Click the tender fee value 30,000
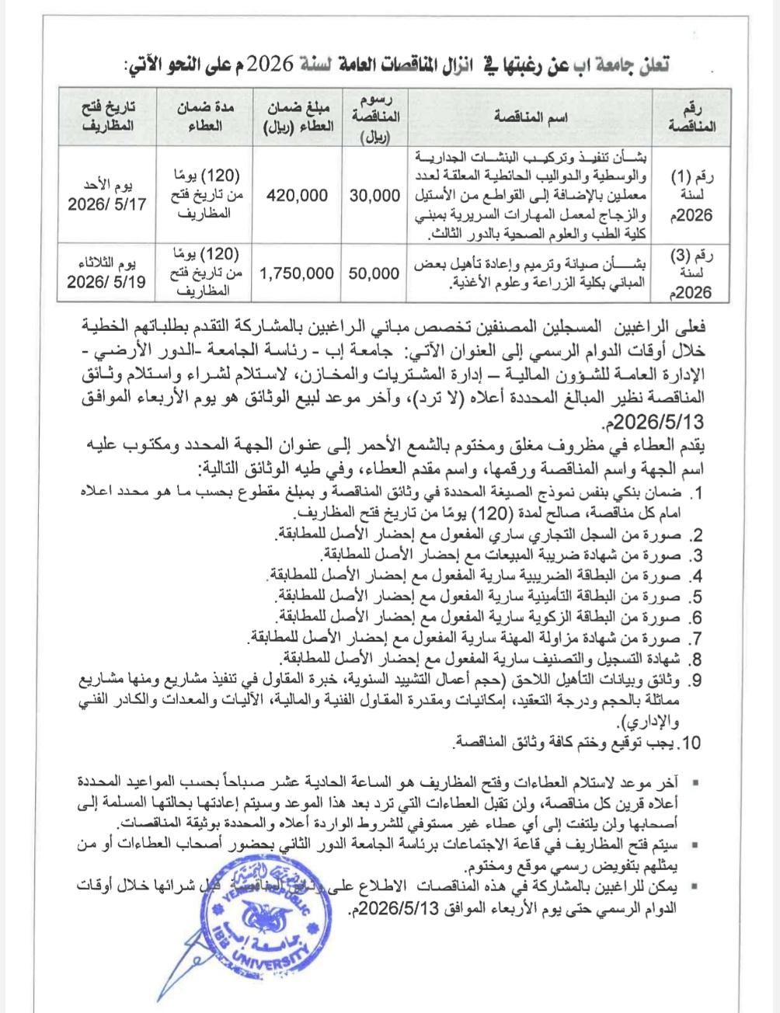tap(374, 197)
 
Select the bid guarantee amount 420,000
tap(297, 197)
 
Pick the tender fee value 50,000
tap(374, 273)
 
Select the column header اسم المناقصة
tap(531, 117)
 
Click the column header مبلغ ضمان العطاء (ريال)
tap(297, 117)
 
